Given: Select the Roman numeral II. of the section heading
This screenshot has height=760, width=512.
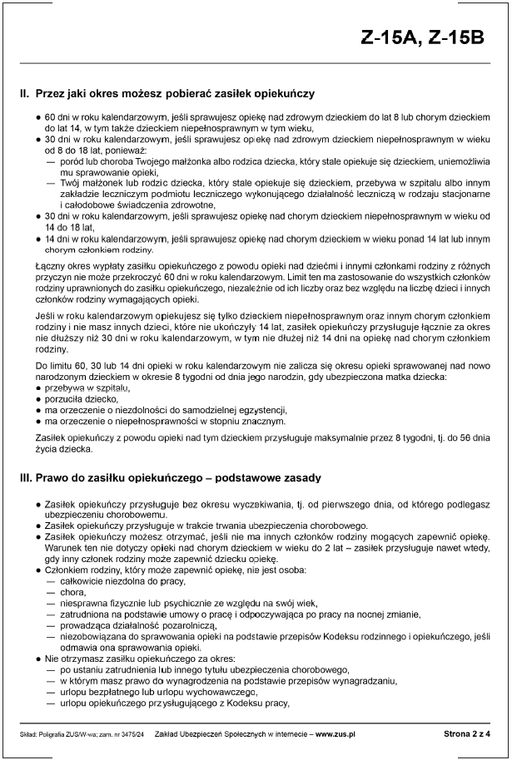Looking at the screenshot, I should tap(24, 94).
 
